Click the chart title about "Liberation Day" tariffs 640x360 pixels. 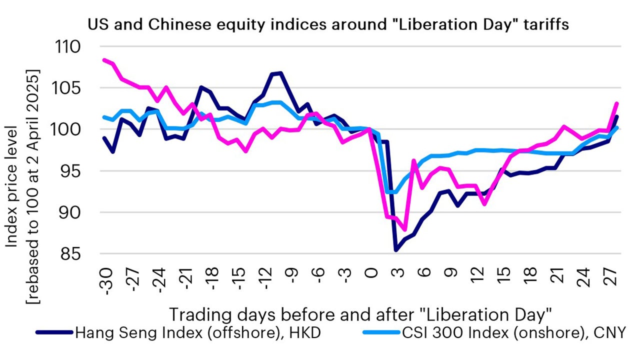328,25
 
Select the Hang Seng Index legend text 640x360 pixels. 197,332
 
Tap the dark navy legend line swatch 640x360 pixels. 54,332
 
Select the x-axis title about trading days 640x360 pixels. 360,315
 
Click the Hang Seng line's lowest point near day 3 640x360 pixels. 396,249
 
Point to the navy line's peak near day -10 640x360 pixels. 281,73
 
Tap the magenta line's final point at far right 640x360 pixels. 617,103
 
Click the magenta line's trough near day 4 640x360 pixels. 405,229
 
